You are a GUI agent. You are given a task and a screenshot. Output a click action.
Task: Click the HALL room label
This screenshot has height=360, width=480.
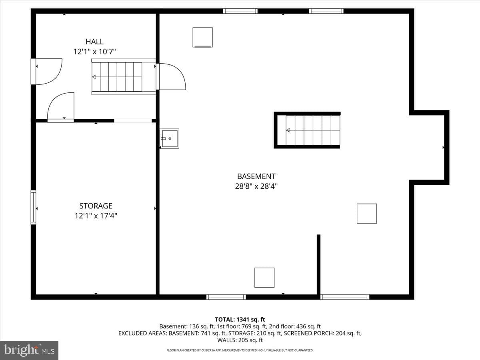click(x=94, y=42)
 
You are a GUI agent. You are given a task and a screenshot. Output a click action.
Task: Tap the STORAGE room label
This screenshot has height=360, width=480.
click(x=96, y=206)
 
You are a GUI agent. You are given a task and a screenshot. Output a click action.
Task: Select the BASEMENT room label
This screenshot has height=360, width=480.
click(x=256, y=176)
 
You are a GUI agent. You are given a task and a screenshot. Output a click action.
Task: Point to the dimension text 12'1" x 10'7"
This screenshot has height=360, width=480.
click(x=94, y=52)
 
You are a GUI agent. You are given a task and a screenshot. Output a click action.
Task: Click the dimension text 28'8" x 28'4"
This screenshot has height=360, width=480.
click(x=256, y=186)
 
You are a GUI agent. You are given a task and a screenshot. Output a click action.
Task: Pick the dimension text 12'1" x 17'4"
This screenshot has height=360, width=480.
click(x=96, y=216)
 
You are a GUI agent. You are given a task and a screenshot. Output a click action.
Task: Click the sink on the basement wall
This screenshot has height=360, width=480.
click(x=169, y=138)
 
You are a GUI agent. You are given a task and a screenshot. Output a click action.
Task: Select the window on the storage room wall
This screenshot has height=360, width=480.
click(x=33, y=207)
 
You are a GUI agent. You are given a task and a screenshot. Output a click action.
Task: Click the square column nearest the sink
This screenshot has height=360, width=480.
click(x=202, y=37)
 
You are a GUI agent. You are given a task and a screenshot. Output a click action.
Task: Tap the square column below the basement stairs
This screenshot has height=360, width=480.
click(x=367, y=214)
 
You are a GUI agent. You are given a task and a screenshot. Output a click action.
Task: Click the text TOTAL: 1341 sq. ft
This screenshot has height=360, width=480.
click(x=240, y=320)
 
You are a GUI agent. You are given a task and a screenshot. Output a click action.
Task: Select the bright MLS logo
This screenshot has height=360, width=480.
click(x=29, y=350)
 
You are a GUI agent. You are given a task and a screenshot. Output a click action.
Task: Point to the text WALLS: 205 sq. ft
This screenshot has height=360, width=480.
click(x=240, y=340)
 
